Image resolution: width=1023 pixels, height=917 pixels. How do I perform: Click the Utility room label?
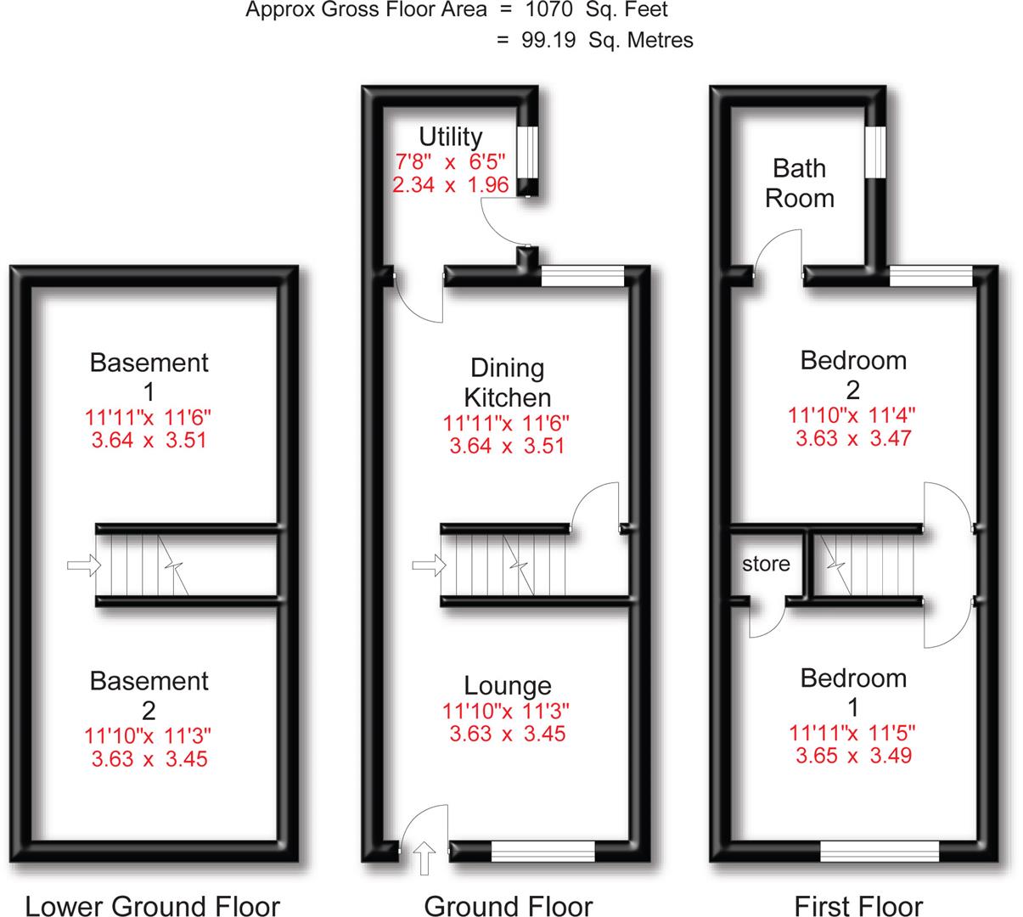pyautogui.click(x=450, y=136)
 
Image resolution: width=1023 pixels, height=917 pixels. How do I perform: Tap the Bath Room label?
pyautogui.click(x=799, y=183)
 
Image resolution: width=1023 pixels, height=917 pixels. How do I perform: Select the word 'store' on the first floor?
pyautogui.click(x=766, y=564)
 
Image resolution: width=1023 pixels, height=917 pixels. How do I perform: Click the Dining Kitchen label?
pyautogui.click(x=507, y=382)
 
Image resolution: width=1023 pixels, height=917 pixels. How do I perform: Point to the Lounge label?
pyautogui.click(x=507, y=685)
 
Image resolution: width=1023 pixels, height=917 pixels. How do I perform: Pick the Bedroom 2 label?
pyautogui.click(x=853, y=374)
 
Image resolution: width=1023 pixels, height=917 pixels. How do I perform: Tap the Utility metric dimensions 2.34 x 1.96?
pyautogui.click(x=450, y=184)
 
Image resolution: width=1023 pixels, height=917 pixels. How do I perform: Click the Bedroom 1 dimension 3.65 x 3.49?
pyautogui.click(x=853, y=755)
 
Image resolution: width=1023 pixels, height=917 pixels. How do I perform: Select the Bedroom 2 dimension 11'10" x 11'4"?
pyautogui.click(x=853, y=416)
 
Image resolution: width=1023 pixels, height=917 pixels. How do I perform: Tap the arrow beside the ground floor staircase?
pyautogui.click(x=427, y=565)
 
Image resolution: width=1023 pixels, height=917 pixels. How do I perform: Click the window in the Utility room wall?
pyautogui.click(x=527, y=153)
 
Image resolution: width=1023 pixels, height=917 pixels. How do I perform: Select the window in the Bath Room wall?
pyautogui.click(x=875, y=153)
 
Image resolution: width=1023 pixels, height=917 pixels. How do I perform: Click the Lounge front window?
pyautogui.click(x=542, y=851)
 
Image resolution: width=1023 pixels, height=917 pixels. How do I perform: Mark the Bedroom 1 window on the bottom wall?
pyautogui.click(x=879, y=851)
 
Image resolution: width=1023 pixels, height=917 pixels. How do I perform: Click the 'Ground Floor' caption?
pyautogui.click(x=508, y=906)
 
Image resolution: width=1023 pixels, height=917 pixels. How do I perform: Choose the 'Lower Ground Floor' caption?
pyautogui.click(x=153, y=906)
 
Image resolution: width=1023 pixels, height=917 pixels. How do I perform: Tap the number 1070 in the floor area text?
pyautogui.click(x=551, y=10)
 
